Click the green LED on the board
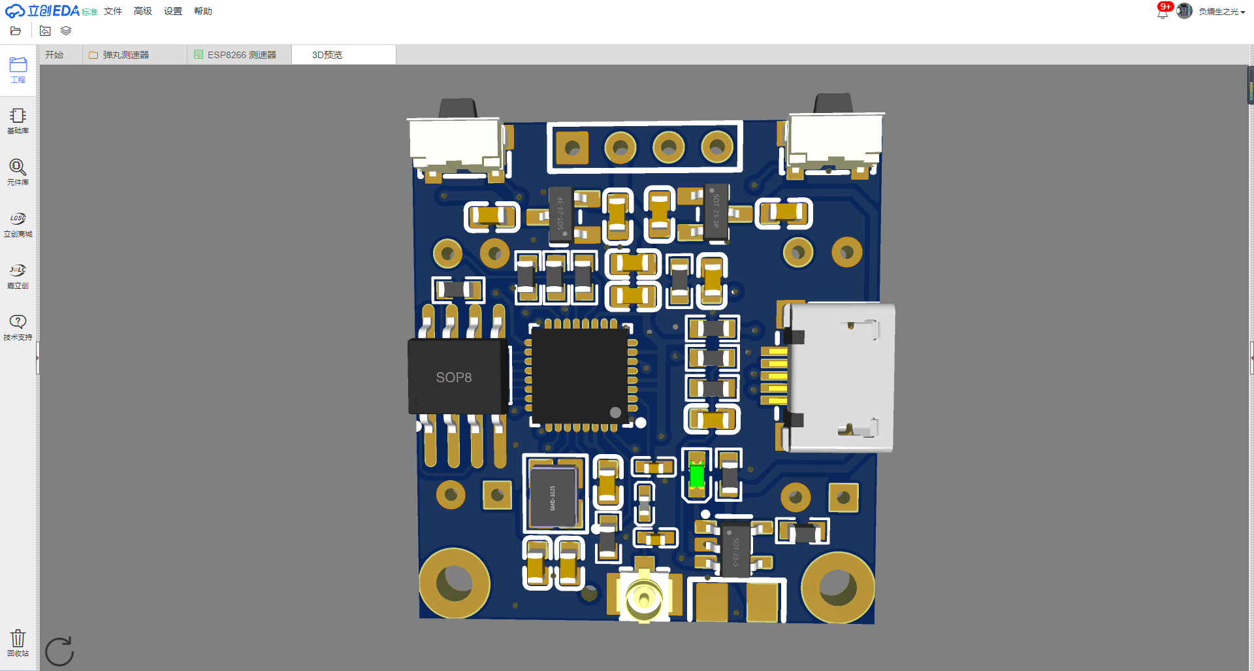[696, 474]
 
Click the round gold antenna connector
[644, 597]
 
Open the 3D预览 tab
[327, 55]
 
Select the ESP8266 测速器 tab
[241, 55]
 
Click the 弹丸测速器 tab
[125, 55]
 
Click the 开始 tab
[54, 55]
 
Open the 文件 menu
[113, 11]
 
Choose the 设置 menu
[173, 11]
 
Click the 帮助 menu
[203, 11]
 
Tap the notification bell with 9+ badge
[1163, 11]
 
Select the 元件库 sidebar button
[18, 172]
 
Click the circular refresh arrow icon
[59, 651]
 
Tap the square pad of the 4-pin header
[571, 148]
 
